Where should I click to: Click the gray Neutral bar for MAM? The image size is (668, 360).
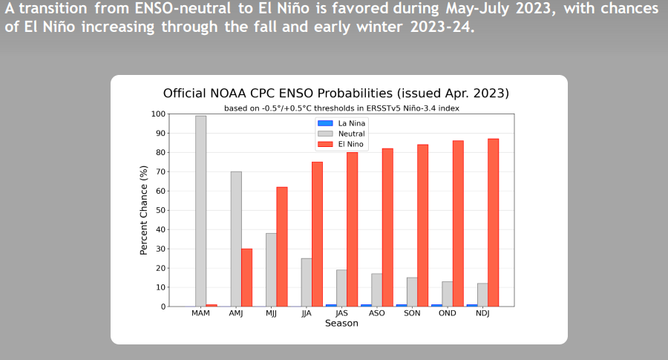[x=200, y=211]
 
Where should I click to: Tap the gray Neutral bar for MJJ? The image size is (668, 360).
[x=271, y=269]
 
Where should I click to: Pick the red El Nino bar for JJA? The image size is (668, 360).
[x=317, y=234]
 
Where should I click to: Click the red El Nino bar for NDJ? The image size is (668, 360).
[x=494, y=223]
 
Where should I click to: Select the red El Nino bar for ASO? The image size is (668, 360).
[x=387, y=227]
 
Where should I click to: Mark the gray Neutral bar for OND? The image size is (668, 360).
[x=448, y=294]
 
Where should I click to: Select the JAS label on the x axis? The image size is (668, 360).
[x=341, y=313]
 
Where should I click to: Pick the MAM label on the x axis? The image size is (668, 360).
[x=200, y=313]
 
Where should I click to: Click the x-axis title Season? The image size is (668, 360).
[x=341, y=324]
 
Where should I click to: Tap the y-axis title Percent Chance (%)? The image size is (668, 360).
[x=143, y=210]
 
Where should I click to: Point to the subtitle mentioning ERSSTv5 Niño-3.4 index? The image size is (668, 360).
[x=341, y=108]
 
